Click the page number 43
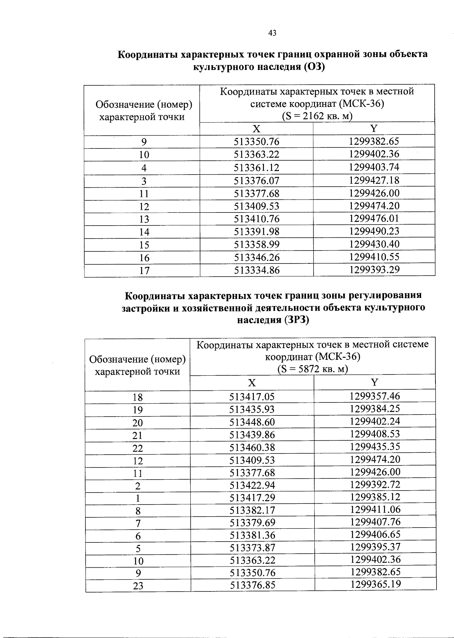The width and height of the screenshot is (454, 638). click(272, 33)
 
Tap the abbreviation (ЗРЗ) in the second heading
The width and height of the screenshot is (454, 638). click(295, 320)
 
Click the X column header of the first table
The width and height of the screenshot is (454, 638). click(257, 129)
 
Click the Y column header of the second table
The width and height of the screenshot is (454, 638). click(375, 382)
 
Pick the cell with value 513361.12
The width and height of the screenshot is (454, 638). click(257, 168)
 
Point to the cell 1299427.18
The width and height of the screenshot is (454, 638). click(374, 180)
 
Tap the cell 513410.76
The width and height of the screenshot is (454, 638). click(257, 219)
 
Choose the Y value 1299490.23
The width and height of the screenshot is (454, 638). click(374, 231)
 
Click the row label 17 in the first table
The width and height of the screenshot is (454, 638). click(144, 271)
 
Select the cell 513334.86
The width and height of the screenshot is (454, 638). click(257, 270)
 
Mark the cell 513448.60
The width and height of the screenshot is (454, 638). click(252, 422)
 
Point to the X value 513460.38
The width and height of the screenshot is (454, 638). click(252, 448)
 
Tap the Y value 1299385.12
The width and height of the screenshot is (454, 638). click(375, 497)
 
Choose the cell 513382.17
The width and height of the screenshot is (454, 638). click(252, 510)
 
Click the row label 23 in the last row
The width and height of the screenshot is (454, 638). click(138, 586)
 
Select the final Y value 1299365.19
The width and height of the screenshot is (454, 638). click(375, 584)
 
